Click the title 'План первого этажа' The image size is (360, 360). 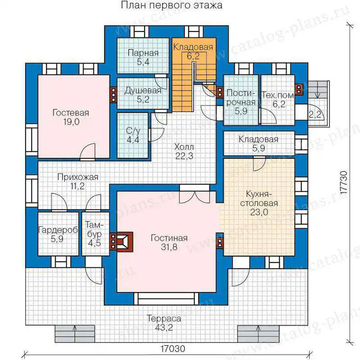coord(171,5)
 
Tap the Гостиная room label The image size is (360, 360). coord(169,238)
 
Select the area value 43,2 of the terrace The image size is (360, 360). coord(164,328)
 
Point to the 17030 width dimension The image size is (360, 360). coord(173,349)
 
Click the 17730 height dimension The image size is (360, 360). coord(344,183)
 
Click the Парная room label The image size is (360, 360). coord(143,53)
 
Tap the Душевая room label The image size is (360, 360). coord(143,90)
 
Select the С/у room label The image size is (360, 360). coord(133,130)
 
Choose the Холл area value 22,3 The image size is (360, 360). coord(184,156)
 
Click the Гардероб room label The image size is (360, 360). coord(58,230)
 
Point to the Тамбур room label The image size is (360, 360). coord(94,229)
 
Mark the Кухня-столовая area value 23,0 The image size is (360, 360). coord(259,212)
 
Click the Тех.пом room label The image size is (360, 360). coord(278,95)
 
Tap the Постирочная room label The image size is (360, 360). coord(241,98)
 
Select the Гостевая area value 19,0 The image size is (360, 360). coord(72,121)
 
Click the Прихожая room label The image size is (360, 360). coord(78,177)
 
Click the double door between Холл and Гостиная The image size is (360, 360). coord(194,193)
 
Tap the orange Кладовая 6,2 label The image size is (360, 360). coord(193,47)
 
